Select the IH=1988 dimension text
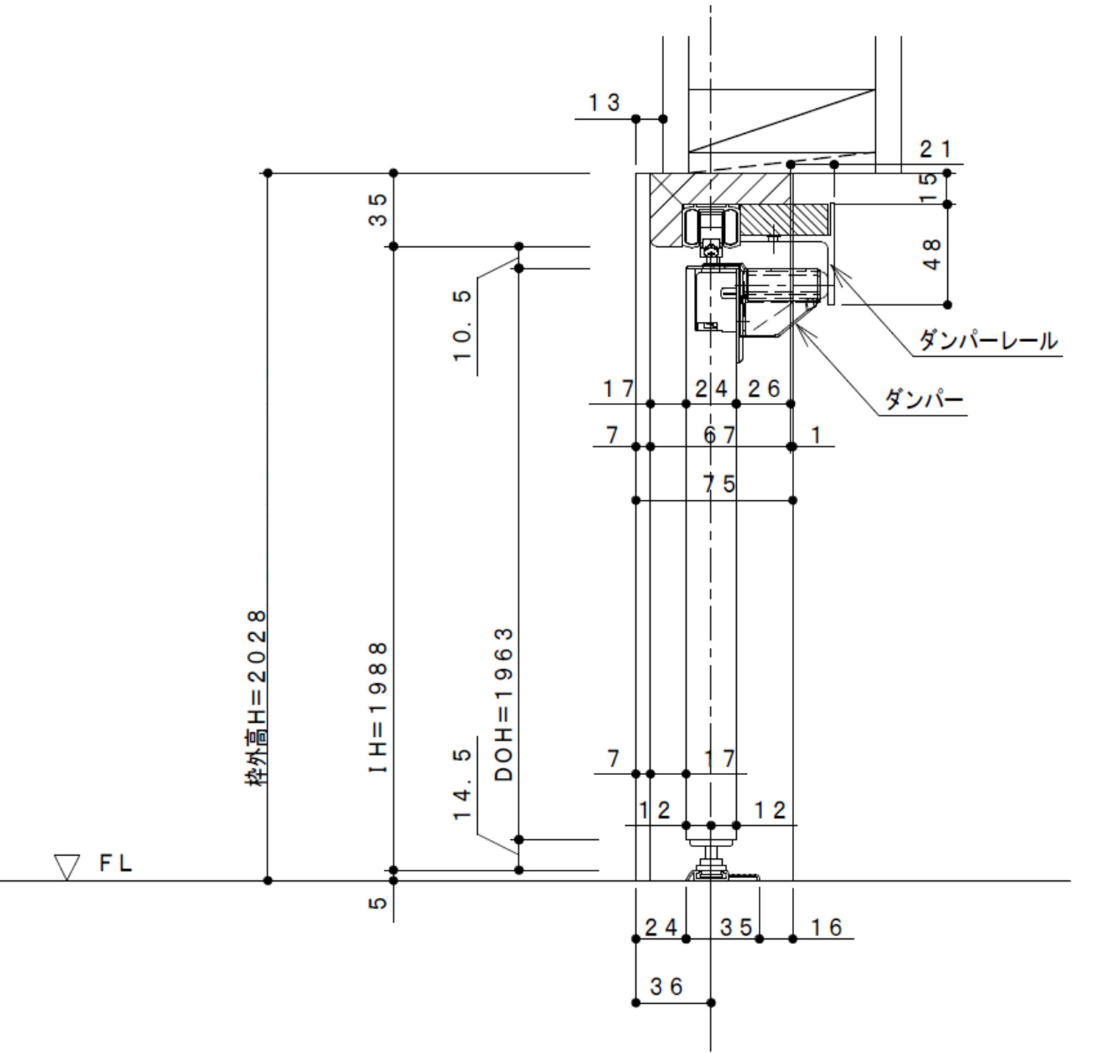click(x=378, y=707)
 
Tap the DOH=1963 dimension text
click(x=504, y=704)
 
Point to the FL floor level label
click(x=115, y=863)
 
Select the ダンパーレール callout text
click(x=988, y=340)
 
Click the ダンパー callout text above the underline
click(x=924, y=400)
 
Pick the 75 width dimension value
click(x=719, y=484)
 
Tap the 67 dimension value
click(x=719, y=435)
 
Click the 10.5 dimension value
click(x=462, y=325)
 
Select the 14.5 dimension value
click(x=462, y=784)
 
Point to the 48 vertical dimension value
click(x=931, y=254)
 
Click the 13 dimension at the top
click(x=604, y=103)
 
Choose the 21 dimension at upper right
click(x=935, y=149)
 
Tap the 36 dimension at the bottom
click(x=666, y=986)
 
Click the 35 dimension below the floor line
click(x=736, y=927)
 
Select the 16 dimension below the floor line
click(x=827, y=927)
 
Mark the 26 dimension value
click(x=764, y=388)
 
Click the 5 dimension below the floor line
click(x=377, y=902)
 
